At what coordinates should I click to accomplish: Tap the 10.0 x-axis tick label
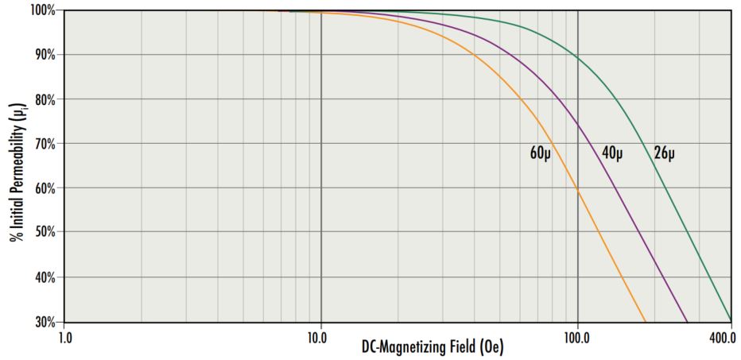tap(320, 337)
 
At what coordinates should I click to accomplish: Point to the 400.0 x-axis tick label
tap(721, 337)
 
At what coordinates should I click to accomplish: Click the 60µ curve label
tap(541, 153)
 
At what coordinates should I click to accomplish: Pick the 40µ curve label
tap(611, 153)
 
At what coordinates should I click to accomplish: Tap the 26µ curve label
tap(665, 153)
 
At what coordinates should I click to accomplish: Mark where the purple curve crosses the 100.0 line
tap(577, 126)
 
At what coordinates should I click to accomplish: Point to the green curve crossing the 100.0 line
tap(577, 58)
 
